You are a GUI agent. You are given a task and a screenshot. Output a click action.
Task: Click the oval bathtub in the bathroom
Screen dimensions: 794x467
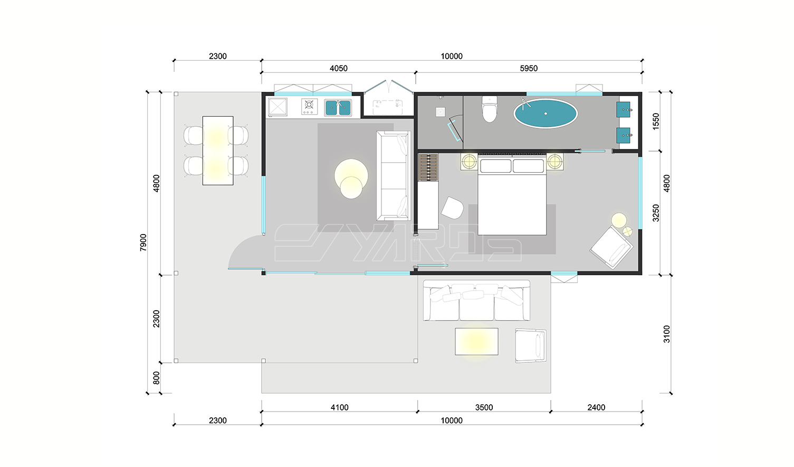(546, 114)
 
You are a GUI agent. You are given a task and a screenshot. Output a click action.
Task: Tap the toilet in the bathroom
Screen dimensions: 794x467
(490, 109)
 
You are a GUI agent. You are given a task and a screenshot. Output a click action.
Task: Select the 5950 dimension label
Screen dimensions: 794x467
(529, 68)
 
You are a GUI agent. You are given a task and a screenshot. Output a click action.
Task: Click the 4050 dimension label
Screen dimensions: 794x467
(339, 68)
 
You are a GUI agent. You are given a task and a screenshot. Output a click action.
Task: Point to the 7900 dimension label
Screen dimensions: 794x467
(143, 242)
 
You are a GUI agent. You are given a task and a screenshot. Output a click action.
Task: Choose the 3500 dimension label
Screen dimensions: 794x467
(484, 407)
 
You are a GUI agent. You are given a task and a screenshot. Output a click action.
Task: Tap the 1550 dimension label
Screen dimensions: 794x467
(656, 121)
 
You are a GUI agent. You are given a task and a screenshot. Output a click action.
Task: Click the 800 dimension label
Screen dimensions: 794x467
(156, 378)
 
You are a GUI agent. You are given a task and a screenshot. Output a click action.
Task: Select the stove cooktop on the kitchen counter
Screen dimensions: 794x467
(309, 106)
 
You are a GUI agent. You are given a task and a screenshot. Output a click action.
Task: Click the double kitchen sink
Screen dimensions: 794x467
(338, 108)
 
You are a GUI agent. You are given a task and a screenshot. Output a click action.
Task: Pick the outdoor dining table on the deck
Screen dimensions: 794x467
(218, 151)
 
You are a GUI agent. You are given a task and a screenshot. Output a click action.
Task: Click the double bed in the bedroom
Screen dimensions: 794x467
(512, 195)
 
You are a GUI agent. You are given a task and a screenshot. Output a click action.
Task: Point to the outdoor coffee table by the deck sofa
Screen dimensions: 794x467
(476, 341)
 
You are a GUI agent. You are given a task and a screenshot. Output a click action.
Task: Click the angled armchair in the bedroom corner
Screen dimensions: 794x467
(611, 248)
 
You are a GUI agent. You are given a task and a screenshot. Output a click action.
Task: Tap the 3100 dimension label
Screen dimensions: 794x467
(667, 334)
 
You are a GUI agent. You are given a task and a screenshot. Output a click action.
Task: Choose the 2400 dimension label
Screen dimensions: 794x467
(596, 407)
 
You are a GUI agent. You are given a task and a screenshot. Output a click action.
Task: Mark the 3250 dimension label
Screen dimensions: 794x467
(656, 213)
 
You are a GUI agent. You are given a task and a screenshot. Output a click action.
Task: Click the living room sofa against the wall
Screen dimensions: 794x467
(394, 176)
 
